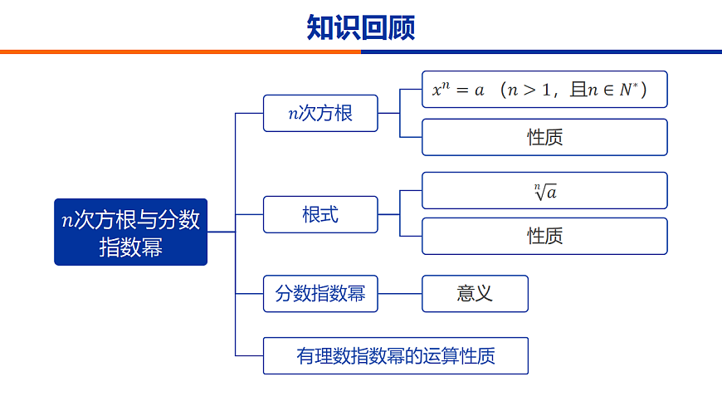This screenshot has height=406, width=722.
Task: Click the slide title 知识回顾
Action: (360, 27)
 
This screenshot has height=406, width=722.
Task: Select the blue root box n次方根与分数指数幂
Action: (130, 232)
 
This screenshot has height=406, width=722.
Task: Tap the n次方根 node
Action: (320, 113)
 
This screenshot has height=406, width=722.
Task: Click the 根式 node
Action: (320, 214)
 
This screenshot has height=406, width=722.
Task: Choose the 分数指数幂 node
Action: (320, 293)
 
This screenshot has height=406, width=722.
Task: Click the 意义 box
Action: (475, 293)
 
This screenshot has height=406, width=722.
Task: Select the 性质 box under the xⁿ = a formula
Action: (544, 137)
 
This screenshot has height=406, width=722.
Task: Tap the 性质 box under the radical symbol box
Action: (544, 236)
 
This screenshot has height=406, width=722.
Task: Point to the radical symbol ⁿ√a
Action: (545, 191)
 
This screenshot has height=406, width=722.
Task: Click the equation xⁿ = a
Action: (457, 90)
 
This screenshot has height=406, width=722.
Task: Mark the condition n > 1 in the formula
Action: (529, 90)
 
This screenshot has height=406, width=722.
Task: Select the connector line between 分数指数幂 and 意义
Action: (400, 293)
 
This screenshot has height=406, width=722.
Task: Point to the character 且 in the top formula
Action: (578, 90)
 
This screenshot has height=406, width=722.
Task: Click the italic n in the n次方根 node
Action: (293, 114)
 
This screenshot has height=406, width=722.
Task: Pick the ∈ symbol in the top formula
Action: (605, 90)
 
